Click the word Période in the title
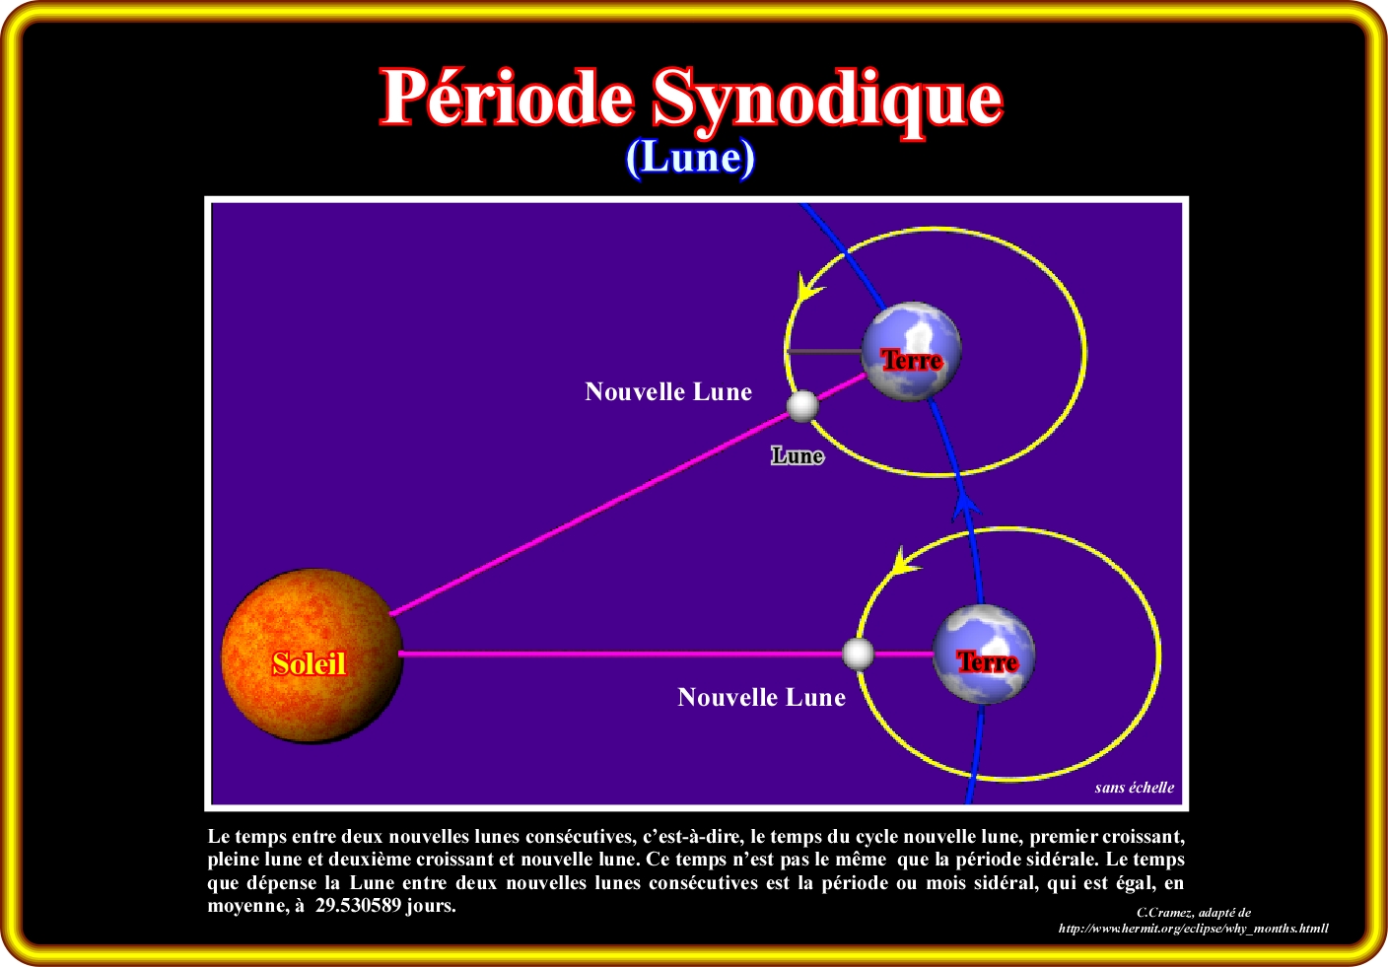[x=507, y=99]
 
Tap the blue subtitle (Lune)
[x=690, y=158]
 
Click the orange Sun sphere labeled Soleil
[x=312, y=655]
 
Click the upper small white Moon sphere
[x=803, y=405]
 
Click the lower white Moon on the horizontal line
[x=859, y=654]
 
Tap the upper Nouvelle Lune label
[x=668, y=392]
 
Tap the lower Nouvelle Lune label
[x=761, y=698]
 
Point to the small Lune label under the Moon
[x=797, y=455]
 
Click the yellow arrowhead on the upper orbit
[x=808, y=289]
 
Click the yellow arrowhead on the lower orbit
[x=902, y=562]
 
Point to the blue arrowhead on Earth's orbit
[x=967, y=505]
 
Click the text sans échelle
[x=1134, y=788]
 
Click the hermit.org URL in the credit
[x=1193, y=929]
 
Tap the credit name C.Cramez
[x=1165, y=913]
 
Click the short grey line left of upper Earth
[x=824, y=351]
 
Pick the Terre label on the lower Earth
[x=987, y=662]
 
